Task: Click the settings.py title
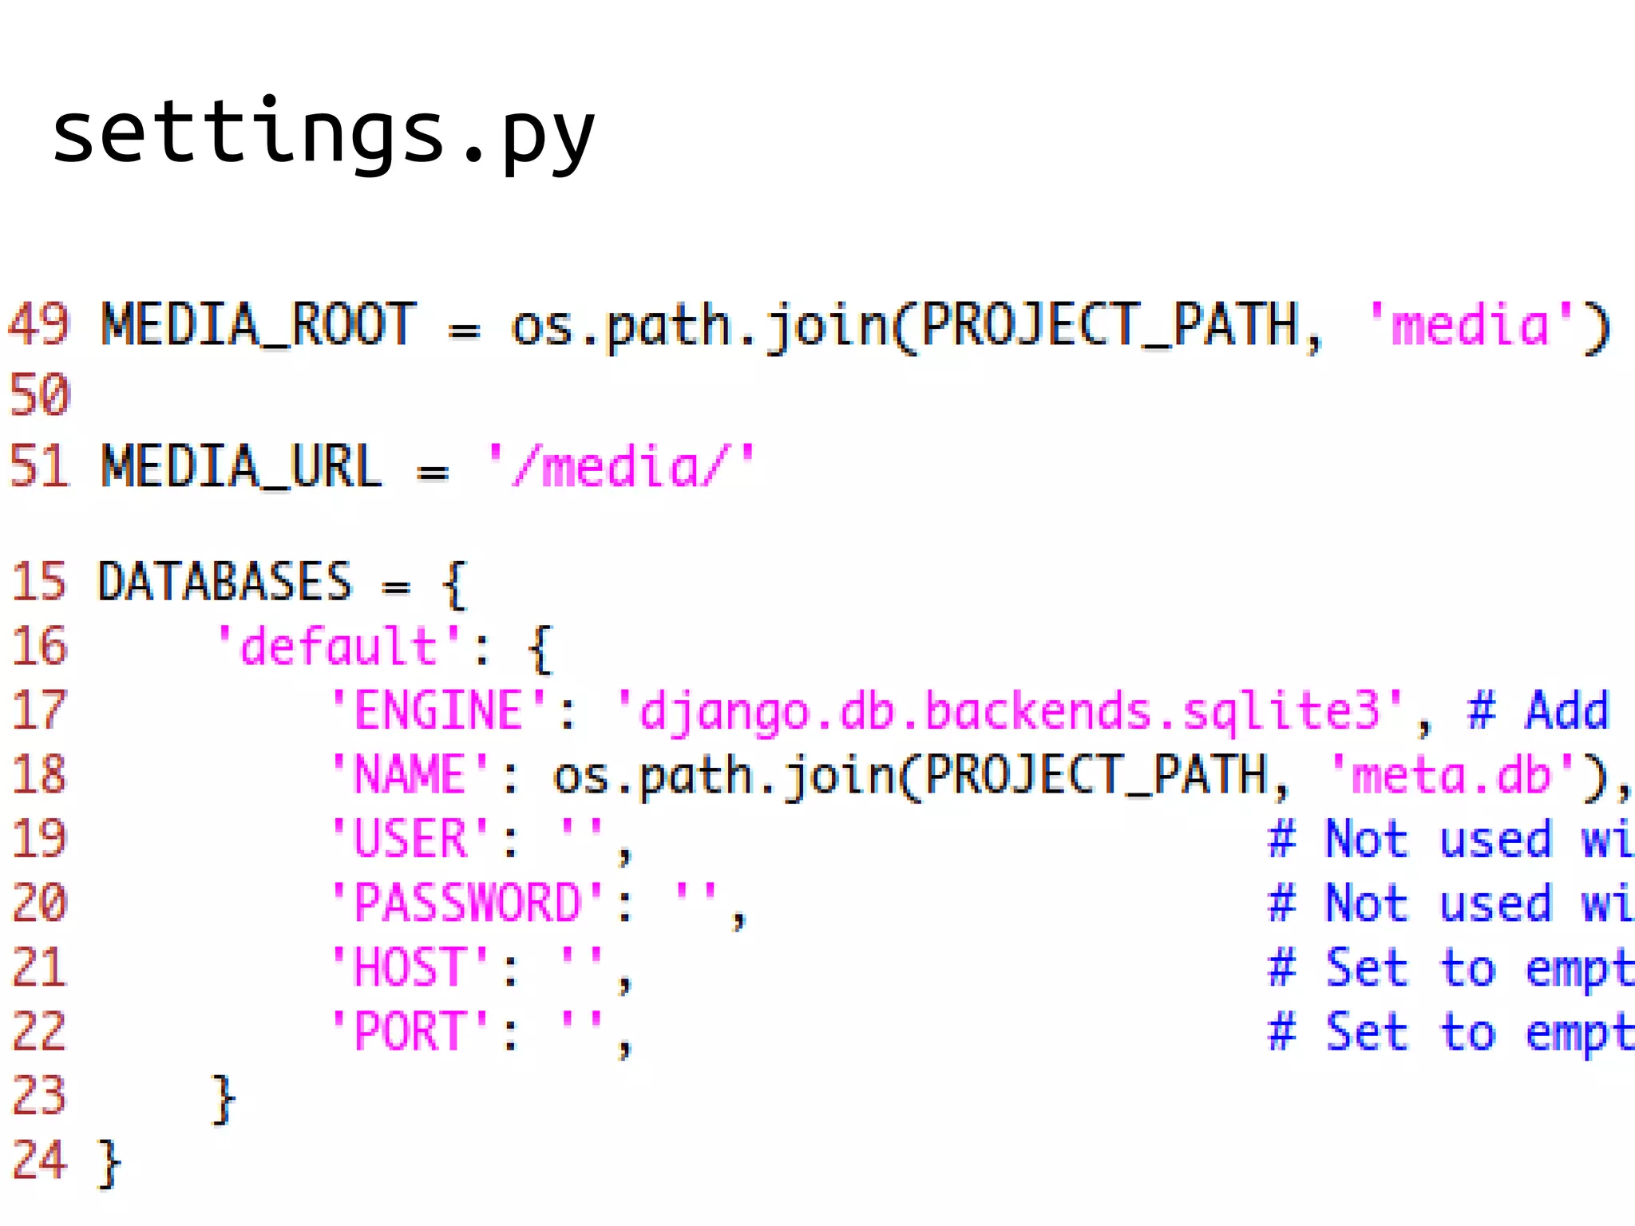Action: click(x=323, y=134)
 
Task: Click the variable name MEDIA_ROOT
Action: click(x=259, y=325)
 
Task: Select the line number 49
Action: click(x=39, y=325)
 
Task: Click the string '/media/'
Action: click(x=621, y=467)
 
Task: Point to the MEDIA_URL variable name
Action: click(x=242, y=467)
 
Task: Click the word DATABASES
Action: click(x=224, y=582)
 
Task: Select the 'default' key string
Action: click(x=338, y=647)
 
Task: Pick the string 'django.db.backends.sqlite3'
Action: click(x=1011, y=710)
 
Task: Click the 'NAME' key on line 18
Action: click(x=410, y=774)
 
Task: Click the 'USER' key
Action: click(x=410, y=839)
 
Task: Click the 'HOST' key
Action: click(x=410, y=967)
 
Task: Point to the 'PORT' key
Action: click(x=410, y=1031)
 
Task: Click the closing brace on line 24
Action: click(x=109, y=1164)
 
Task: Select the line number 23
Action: click(x=39, y=1096)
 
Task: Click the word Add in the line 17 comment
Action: click(x=1567, y=710)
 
